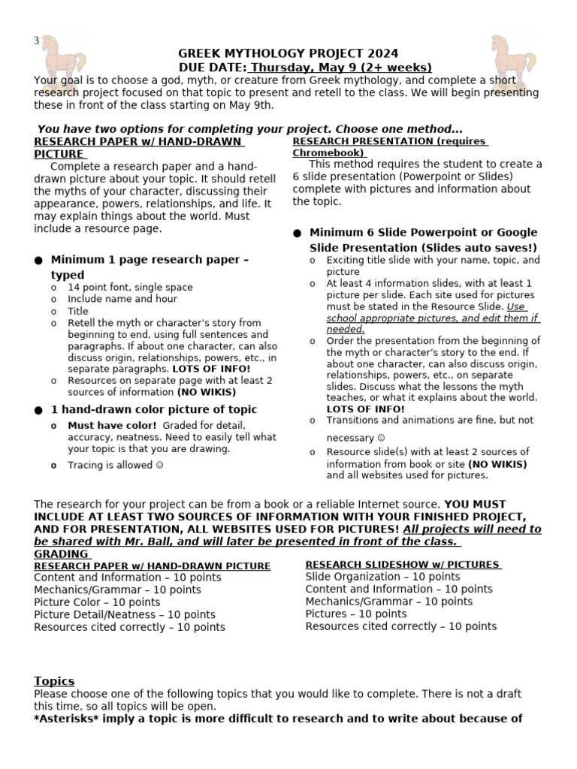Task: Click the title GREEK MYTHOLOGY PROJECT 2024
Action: click(x=288, y=53)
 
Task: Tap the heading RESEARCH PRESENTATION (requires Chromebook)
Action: click(x=390, y=146)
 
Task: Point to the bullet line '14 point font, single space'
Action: click(x=130, y=287)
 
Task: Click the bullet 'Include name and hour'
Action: click(x=122, y=299)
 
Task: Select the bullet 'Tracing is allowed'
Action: click(x=116, y=465)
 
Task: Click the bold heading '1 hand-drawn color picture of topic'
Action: click(x=153, y=409)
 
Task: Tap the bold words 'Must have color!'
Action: click(x=113, y=425)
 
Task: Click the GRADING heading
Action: click(x=61, y=553)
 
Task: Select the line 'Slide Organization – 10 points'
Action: click(x=372, y=577)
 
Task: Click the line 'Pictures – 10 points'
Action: click(x=356, y=614)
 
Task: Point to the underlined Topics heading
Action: click(x=54, y=680)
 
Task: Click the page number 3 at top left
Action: click(x=36, y=41)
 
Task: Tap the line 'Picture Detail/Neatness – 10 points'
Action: click(x=124, y=614)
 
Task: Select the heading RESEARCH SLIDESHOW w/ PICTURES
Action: click(x=403, y=565)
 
